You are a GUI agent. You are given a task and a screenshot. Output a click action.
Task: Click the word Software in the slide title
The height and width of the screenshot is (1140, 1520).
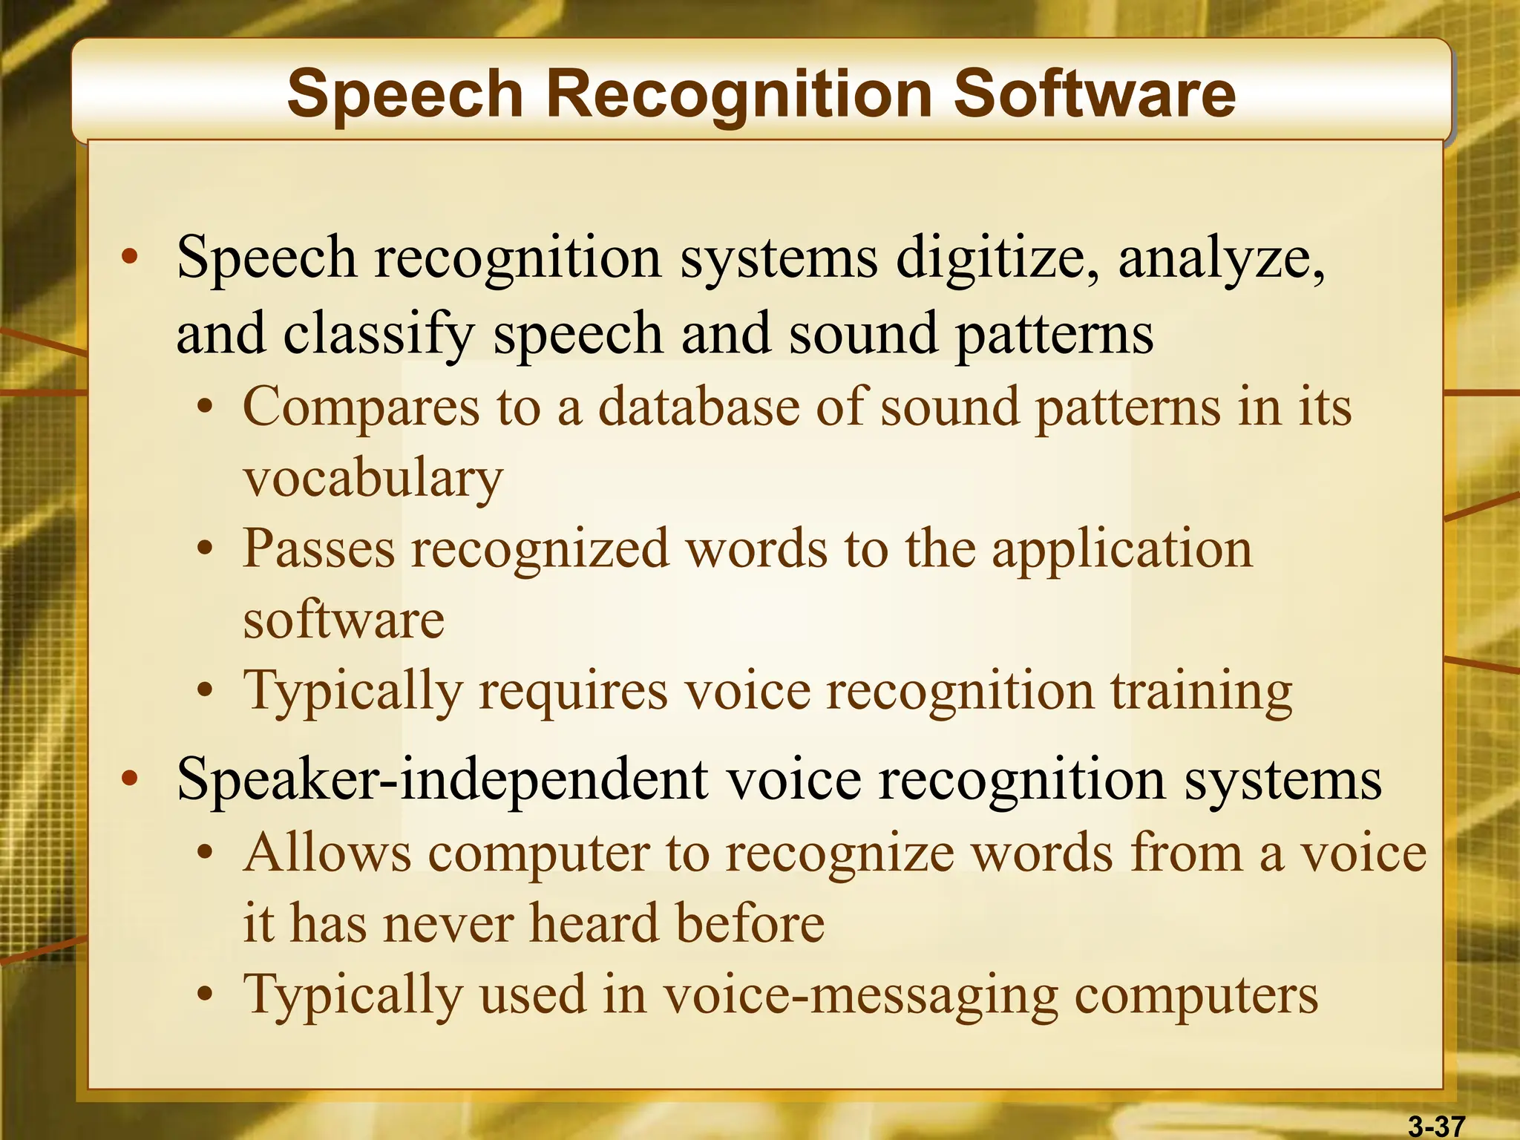coord(1094,94)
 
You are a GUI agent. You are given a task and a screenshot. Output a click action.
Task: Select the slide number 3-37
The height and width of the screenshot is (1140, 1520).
coord(1436,1125)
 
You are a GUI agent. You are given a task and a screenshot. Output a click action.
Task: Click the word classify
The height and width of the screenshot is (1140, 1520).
coord(379,334)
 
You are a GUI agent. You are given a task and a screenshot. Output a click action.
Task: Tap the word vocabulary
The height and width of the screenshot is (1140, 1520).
coord(373,479)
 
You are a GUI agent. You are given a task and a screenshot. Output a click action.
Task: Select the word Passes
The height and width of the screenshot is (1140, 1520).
coord(319,549)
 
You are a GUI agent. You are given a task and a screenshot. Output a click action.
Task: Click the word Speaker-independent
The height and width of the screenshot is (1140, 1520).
coord(442,779)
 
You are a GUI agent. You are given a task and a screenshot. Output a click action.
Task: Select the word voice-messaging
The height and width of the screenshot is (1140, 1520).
coord(860,996)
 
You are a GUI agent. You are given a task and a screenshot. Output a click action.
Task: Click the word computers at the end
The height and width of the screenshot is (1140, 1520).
coord(1196,996)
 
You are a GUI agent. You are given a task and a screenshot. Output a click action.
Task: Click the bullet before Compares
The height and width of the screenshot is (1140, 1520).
coord(206,408)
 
